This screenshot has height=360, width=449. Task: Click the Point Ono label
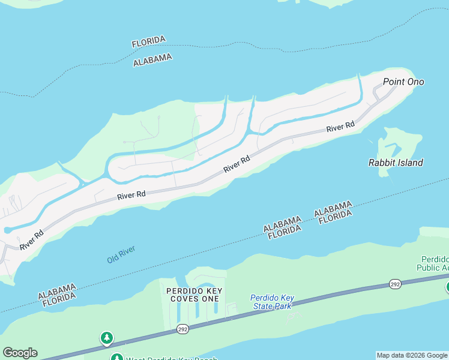(x=403, y=82)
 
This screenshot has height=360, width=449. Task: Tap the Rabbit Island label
(x=395, y=163)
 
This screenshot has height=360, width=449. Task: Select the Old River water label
(x=121, y=254)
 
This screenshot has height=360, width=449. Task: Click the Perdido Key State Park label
(x=271, y=302)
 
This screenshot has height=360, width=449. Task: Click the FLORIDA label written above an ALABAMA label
(x=148, y=41)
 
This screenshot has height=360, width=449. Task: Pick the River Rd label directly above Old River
(x=132, y=195)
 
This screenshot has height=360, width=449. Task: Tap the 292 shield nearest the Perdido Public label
(x=394, y=283)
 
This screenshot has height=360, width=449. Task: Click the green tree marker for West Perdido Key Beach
(x=107, y=338)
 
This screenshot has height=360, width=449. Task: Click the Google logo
(x=20, y=353)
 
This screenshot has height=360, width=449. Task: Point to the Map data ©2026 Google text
(x=412, y=355)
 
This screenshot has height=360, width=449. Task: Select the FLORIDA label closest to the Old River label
(x=56, y=296)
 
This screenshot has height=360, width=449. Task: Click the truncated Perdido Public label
(x=433, y=263)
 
